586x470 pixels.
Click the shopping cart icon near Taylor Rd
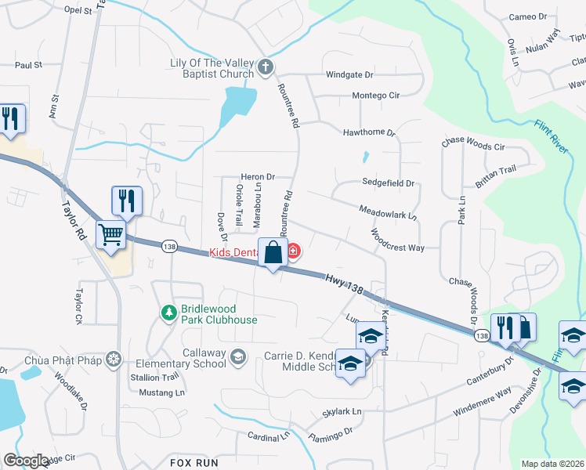[111, 233]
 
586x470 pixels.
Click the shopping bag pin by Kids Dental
[273, 253]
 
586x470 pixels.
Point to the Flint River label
[552, 136]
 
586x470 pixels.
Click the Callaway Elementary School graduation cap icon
[238, 358]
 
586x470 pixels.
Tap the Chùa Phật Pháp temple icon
[114, 359]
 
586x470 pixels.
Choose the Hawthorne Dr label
[369, 133]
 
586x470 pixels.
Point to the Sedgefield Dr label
[388, 183]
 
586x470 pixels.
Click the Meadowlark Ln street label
[388, 212]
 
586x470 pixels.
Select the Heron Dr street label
[258, 178]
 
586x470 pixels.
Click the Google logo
[26, 461]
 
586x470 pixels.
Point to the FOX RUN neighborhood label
[193, 463]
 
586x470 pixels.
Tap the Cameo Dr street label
[527, 16]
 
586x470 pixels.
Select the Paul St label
[27, 66]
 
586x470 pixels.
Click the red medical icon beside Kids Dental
[293, 251]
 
